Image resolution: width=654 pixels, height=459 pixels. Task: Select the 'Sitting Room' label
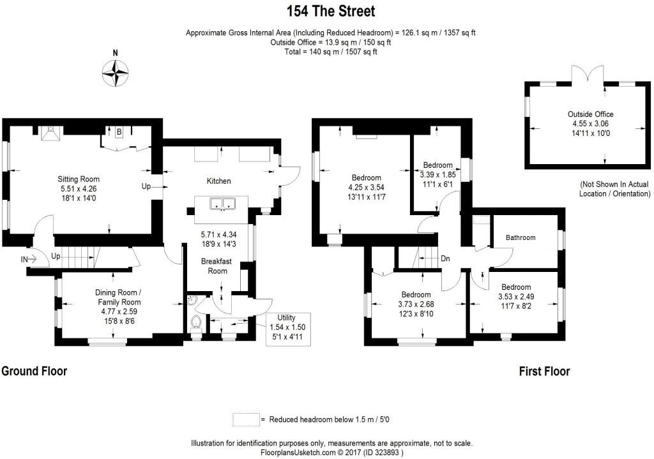click(x=79, y=179)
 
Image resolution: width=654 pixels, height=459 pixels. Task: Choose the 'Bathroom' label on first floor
click(x=521, y=237)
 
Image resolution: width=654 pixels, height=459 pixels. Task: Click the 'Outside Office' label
click(x=590, y=114)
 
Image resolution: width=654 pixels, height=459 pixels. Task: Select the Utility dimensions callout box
click(x=287, y=329)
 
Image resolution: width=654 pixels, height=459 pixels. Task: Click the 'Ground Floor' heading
click(x=34, y=371)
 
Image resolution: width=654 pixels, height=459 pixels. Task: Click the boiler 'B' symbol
click(x=119, y=132)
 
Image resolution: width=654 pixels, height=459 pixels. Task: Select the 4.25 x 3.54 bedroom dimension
click(x=366, y=187)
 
